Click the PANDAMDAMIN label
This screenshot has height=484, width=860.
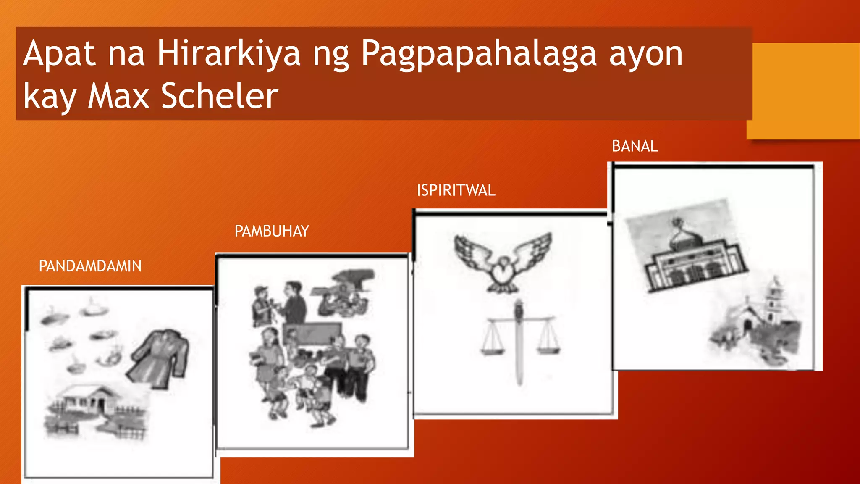point(90,266)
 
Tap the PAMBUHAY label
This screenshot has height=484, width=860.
point(271,231)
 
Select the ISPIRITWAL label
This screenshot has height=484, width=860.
point(456,190)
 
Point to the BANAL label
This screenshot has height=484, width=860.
point(635,146)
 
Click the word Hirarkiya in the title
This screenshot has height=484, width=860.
point(229,53)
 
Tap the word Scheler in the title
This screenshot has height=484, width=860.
point(220,96)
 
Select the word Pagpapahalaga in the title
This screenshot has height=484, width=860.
point(479,53)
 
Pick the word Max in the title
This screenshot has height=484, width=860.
point(118,96)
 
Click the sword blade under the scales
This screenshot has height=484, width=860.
point(519,357)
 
